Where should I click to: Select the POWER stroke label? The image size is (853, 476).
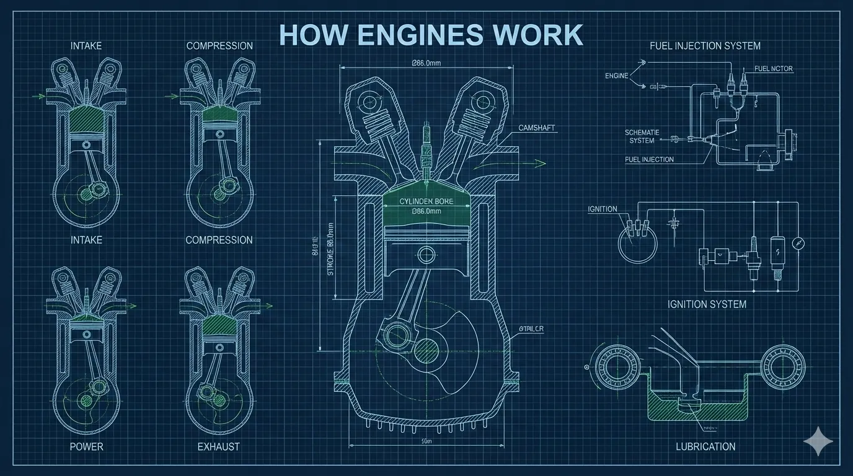tap(86, 446)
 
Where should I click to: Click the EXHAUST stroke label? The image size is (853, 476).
tap(218, 446)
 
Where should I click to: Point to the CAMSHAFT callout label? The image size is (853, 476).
tap(537, 128)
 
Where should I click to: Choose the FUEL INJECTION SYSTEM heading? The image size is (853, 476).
tap(705, 46)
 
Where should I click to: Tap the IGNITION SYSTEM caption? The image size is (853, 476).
tap(707, 304)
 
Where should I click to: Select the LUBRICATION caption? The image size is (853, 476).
tap(705, 446)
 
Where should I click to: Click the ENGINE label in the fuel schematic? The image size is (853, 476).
tap(616, 76)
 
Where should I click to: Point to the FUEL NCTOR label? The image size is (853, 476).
tap(774, 69)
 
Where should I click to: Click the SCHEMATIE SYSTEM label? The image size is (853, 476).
tap(642, 136)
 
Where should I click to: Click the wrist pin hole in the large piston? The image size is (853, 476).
tap(426, 253)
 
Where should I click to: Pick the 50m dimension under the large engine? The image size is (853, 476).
tap(426, 441)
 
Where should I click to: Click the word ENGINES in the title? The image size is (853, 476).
tap(414, 35)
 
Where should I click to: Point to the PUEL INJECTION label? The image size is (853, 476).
tap(649, 160)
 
